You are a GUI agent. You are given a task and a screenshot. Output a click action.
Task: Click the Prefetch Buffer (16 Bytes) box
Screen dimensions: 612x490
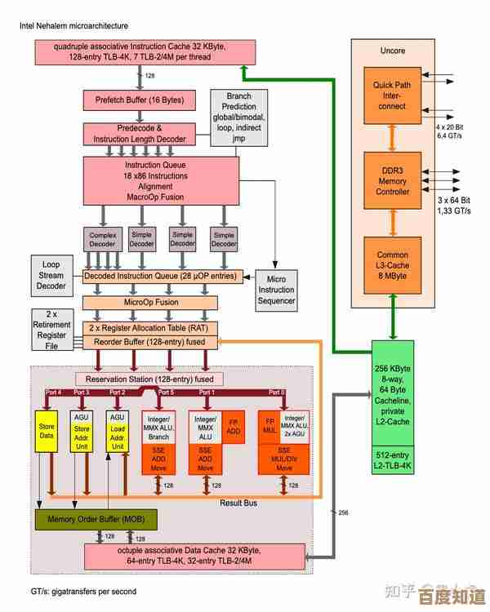[140, 100]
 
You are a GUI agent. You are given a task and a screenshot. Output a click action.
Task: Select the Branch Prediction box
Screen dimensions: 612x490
[238, 118]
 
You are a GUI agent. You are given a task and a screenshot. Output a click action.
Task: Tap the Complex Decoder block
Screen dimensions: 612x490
[102, 238]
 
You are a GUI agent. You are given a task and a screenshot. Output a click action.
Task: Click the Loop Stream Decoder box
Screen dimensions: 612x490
[51, 275]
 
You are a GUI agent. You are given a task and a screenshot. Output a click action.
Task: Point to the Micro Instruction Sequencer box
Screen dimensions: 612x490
[276, 290]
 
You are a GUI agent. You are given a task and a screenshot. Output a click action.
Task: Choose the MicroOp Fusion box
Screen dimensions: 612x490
[150, 303]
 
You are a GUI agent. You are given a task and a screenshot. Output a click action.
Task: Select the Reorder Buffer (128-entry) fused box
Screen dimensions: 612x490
[150, 342]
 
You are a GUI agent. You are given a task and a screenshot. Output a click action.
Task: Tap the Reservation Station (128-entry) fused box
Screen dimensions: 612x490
[150, 379]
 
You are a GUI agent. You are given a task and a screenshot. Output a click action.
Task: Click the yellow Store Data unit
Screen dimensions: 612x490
[46, 430]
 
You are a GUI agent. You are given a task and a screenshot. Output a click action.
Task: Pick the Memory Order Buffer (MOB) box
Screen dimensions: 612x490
[96, 519]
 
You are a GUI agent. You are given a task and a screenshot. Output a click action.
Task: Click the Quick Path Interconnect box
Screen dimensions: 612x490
[392, 95]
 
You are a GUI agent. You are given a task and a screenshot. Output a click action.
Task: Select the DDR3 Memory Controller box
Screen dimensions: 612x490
[392, 180]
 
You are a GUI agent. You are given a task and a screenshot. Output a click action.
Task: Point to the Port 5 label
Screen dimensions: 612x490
[167, 392]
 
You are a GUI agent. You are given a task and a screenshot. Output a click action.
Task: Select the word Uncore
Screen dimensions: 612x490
[392, 51]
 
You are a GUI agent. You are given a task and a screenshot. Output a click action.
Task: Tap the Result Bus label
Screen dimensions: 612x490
[238, 503]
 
